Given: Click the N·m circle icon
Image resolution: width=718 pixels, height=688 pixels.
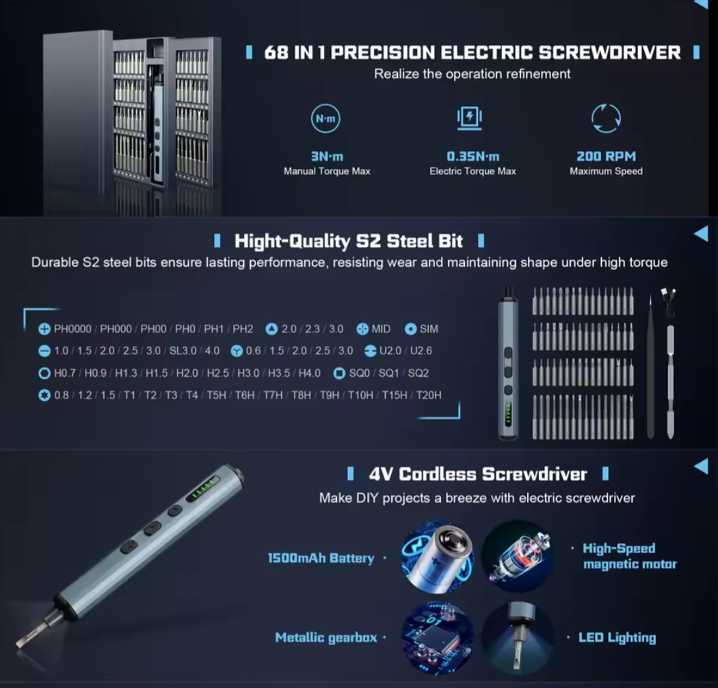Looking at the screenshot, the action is (325, 118).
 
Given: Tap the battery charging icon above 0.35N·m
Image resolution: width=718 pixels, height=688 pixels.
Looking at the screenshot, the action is (469, 118).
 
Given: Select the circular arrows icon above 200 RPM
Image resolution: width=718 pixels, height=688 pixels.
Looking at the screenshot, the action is (606, 118).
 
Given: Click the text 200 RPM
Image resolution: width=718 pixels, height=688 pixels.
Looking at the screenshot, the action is (606, 156).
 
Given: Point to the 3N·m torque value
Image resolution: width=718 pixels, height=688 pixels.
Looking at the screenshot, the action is (327, 156).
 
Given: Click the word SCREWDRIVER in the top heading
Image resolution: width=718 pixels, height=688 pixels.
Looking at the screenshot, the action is (609, 52).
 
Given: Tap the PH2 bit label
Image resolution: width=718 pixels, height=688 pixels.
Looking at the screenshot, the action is (243, 329).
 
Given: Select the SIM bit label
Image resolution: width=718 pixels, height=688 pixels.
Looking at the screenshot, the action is (429, 329).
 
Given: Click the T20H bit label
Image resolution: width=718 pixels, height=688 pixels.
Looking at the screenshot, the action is (429, 395).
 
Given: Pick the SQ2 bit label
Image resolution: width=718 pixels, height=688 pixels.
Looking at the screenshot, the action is (418, 373).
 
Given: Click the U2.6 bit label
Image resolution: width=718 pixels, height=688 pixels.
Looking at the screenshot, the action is (421, 350).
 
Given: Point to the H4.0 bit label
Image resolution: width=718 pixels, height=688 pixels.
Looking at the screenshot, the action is (310, 373).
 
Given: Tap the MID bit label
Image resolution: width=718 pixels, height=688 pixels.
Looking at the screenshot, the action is (381, 329).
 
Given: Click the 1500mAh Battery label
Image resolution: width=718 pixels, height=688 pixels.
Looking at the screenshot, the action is (321, 558).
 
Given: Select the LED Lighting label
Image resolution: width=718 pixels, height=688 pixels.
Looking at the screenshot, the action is (617, 637).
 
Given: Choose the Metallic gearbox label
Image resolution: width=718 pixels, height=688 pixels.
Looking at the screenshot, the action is (325, 637).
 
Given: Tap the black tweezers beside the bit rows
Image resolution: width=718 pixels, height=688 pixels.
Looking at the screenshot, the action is (650, 367).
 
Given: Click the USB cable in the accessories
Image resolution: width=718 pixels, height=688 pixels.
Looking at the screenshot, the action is (669, 302).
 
